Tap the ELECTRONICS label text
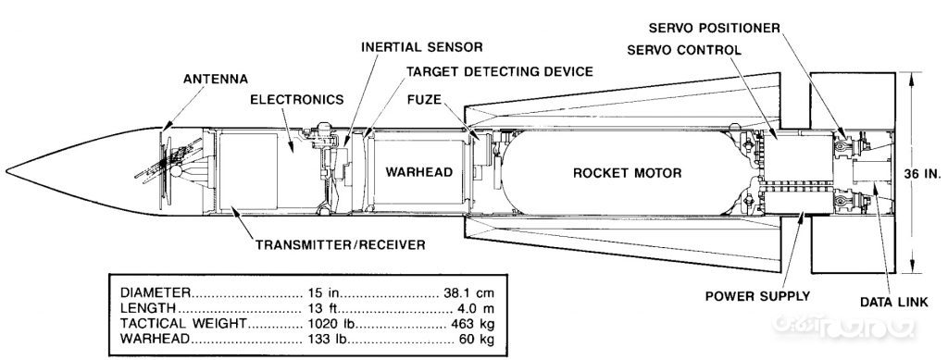297,100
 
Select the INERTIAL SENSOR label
422,46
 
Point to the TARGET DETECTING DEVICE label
499,71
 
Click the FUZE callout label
424,99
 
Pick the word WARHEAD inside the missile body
419,172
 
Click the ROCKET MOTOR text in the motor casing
627,173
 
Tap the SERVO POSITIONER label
714,28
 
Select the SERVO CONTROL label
684,50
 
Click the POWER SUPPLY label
757,296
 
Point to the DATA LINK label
893,302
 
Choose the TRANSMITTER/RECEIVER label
340,244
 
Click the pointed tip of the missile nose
6,171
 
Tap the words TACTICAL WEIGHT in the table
183,323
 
